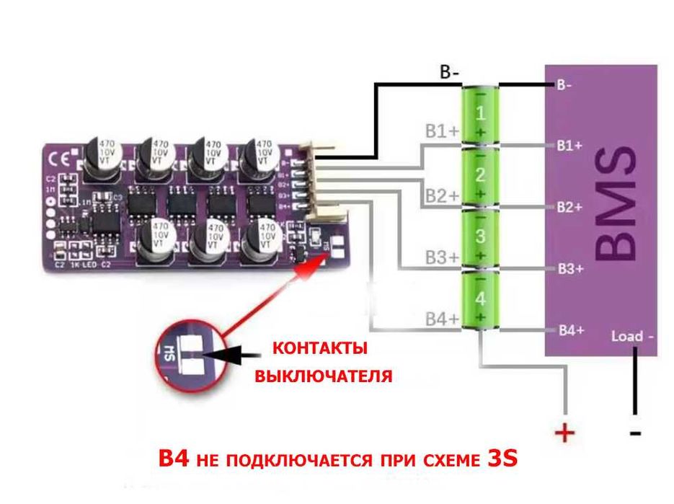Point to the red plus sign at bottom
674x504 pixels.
click(x=564, y=433)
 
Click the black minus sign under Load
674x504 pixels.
click(x=635, y=433)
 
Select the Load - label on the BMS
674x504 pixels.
click(x=632, y=336)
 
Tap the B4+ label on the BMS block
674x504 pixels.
click(x=570, y=330)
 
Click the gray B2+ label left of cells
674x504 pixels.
click(x=441, y=195)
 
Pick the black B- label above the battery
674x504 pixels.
click(x=451, y=72)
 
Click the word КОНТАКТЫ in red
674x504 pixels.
click(x=319, y=349)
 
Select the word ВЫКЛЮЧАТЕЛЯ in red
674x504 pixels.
click(x=324, y=376)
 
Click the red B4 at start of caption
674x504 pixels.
click(x=173, y=459)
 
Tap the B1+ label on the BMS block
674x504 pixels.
click(x=570, y=146)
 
